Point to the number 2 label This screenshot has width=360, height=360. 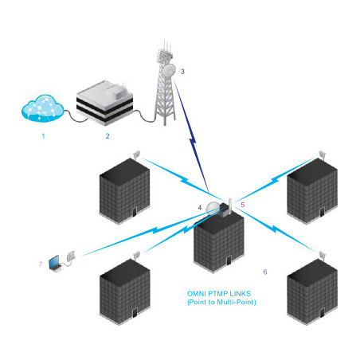click(x=108, y=136)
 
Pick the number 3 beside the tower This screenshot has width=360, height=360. click(x=182, y=72)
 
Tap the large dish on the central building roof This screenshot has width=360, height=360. click(x=213, y=208)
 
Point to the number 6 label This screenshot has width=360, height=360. click(x=265, y=272)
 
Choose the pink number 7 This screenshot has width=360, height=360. click(x=41, y=263)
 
